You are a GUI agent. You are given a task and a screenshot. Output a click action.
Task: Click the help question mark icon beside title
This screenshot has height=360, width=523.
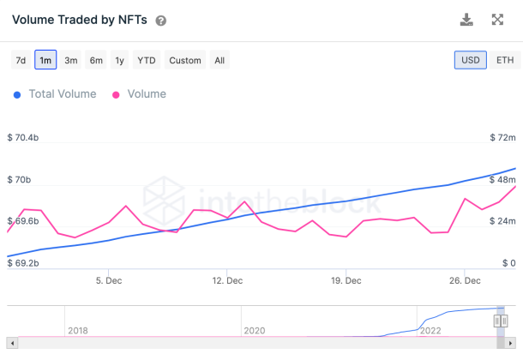161,21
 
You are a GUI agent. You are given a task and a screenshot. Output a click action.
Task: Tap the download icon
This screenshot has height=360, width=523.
466,20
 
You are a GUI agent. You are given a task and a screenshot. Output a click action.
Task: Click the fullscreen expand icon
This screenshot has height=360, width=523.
497,20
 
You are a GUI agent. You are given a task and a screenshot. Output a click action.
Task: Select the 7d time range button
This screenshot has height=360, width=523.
20,60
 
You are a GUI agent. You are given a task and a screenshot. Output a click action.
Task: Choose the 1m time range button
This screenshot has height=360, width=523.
45,60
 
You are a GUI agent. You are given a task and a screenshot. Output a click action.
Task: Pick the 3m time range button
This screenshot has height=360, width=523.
71,60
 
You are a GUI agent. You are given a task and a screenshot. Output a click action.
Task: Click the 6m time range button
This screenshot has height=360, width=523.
96,60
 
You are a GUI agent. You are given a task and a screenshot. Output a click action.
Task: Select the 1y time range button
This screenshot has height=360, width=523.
120,60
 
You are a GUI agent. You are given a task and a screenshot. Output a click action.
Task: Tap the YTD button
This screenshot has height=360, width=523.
147,60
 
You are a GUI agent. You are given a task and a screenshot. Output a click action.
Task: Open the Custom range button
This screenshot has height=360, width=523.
185,60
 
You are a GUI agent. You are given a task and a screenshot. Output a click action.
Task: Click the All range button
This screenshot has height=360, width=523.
219,60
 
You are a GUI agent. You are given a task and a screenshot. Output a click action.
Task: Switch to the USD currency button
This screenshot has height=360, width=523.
471,60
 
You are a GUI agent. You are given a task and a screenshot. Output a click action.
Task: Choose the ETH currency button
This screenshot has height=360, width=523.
505,60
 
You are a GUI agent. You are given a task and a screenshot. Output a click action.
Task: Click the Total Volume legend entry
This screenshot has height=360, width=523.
56,94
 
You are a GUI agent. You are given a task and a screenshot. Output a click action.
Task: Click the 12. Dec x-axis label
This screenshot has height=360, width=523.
226,280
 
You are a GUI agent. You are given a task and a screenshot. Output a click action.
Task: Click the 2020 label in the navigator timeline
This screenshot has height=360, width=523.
254,330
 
